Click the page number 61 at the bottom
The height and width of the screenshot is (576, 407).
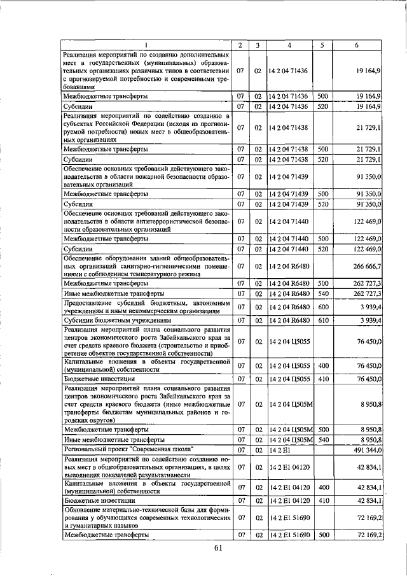pyautogui.click(x=219, y=549)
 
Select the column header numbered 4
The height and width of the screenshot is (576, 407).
pyautogui.click(x=289, y=45)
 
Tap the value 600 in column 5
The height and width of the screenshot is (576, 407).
pyautogui.click(x=322, y=307)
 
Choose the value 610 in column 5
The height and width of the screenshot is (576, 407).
pyautogui.click(x=322, y=321)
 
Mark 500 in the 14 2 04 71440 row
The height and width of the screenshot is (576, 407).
pyautogui.click(x=322, y=238)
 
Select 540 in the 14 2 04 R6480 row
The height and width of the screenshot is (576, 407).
pyautogui.click(x=322, y=294)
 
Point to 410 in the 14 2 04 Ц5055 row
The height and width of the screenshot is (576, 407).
pyautogui.click(x=322, y=379)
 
